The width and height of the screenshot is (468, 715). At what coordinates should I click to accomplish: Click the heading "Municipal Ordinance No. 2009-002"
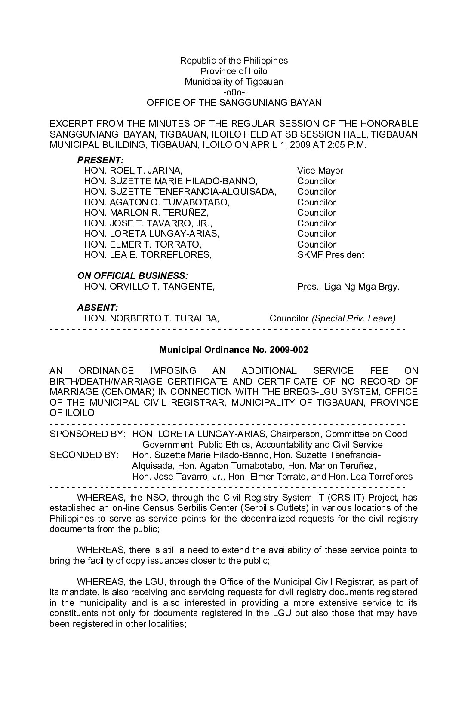tap(234, 350)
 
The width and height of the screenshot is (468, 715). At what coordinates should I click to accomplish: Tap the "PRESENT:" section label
tap(100, 160)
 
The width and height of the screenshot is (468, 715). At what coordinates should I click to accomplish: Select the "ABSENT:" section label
tap(97, 308)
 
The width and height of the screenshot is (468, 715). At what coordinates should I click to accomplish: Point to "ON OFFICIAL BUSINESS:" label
tap(132, 276)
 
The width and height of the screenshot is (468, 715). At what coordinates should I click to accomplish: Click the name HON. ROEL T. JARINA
tap(133, 171)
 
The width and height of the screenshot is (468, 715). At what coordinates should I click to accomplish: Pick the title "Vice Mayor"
tap(320, 171)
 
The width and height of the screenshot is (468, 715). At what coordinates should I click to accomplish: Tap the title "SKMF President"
tap(330, 255)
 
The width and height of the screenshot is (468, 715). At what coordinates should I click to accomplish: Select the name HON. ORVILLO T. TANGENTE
tap(149, 287)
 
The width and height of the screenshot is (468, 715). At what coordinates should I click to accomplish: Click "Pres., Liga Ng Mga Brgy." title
tap(348, 287)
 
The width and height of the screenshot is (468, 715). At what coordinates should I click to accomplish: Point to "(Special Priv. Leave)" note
tap(354, 318)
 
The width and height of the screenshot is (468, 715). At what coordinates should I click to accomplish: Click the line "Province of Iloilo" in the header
tap(234, 71)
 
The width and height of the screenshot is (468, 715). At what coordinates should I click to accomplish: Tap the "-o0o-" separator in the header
tap(234, 92)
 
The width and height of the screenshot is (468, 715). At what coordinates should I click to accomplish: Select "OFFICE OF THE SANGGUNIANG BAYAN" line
tap(234, 103)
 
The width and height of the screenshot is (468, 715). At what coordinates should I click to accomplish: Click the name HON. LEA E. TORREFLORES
tap(148, 255)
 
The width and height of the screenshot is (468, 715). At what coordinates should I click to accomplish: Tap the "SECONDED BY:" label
tap(84, 455)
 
